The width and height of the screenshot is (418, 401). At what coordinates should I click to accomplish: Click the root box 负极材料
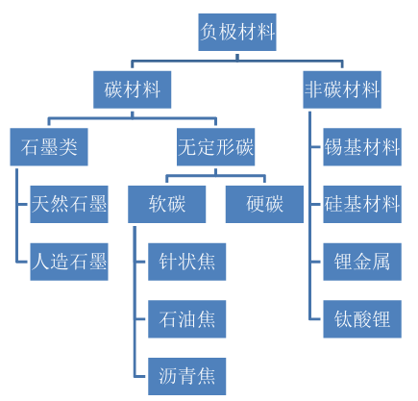[237, 32]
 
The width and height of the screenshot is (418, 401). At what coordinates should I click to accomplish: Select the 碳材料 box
[132, 89]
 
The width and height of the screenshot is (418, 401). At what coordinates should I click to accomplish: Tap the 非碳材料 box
[342, 89]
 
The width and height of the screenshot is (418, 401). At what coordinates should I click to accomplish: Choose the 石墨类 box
[49, 147]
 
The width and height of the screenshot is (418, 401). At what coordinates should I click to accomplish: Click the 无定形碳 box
[215, 147]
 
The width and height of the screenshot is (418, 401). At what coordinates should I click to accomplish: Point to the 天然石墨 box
[69, 204]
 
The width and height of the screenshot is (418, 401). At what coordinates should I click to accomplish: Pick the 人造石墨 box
[69, 262]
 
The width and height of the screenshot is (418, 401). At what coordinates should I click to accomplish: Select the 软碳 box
[166, 204]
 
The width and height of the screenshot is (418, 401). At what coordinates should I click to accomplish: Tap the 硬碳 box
[264, 204]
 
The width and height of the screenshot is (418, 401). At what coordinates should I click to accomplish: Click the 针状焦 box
[186, 262]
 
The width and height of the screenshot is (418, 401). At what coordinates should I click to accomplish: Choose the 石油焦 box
[186, 319]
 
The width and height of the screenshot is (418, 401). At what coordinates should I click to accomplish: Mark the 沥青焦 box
[186, 376]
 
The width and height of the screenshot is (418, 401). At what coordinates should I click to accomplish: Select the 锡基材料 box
[362, 147]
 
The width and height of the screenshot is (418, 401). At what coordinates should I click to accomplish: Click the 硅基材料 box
[362, 204]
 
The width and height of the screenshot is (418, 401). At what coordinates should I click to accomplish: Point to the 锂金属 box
[362, 262]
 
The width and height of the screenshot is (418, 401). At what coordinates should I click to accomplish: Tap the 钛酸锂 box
[362, 319]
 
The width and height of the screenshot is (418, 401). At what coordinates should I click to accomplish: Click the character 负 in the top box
[209, 32]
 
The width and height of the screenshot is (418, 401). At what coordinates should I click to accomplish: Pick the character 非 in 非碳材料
[313, 89]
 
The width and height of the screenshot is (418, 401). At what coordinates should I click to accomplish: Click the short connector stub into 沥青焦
[141, 376]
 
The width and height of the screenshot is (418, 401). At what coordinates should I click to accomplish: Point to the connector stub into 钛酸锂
[316, 319]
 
